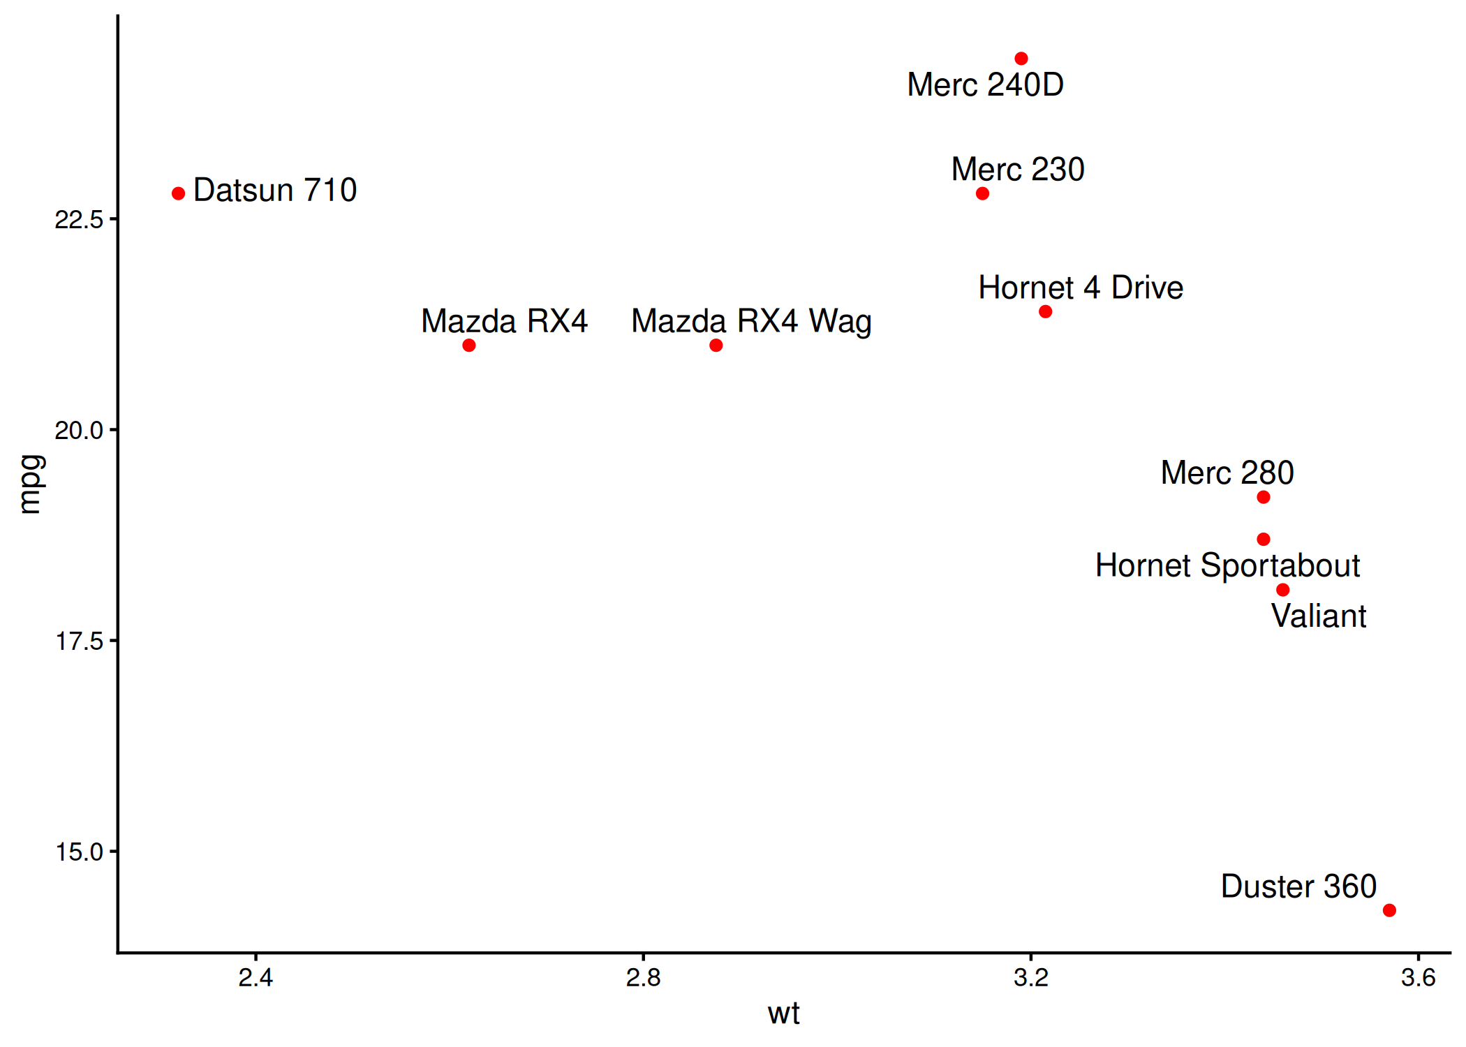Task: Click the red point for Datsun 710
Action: point(179,193)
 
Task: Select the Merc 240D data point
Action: point(1021,59)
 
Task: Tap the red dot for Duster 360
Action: point(1389,910)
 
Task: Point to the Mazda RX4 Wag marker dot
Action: point(716,346)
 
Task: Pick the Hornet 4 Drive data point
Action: point(1045,311)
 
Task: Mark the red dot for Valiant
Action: point(1283,590)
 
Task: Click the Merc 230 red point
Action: point(982,193)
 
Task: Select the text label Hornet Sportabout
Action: point(1227,565)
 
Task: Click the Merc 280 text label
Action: point(1227,473)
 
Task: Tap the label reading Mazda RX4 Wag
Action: point(751,322)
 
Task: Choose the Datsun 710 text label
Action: point(275,191)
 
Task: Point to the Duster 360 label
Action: point(1298,886)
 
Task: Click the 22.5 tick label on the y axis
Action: point(79,220)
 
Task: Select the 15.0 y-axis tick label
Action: point(79,852)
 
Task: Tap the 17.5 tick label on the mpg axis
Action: point(79,641)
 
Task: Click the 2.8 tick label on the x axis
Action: point(643,978)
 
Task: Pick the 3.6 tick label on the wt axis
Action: point(1418,978)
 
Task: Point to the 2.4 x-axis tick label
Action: point(256,978)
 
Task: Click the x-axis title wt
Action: point(783,1013)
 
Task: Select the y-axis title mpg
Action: point(31,484)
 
